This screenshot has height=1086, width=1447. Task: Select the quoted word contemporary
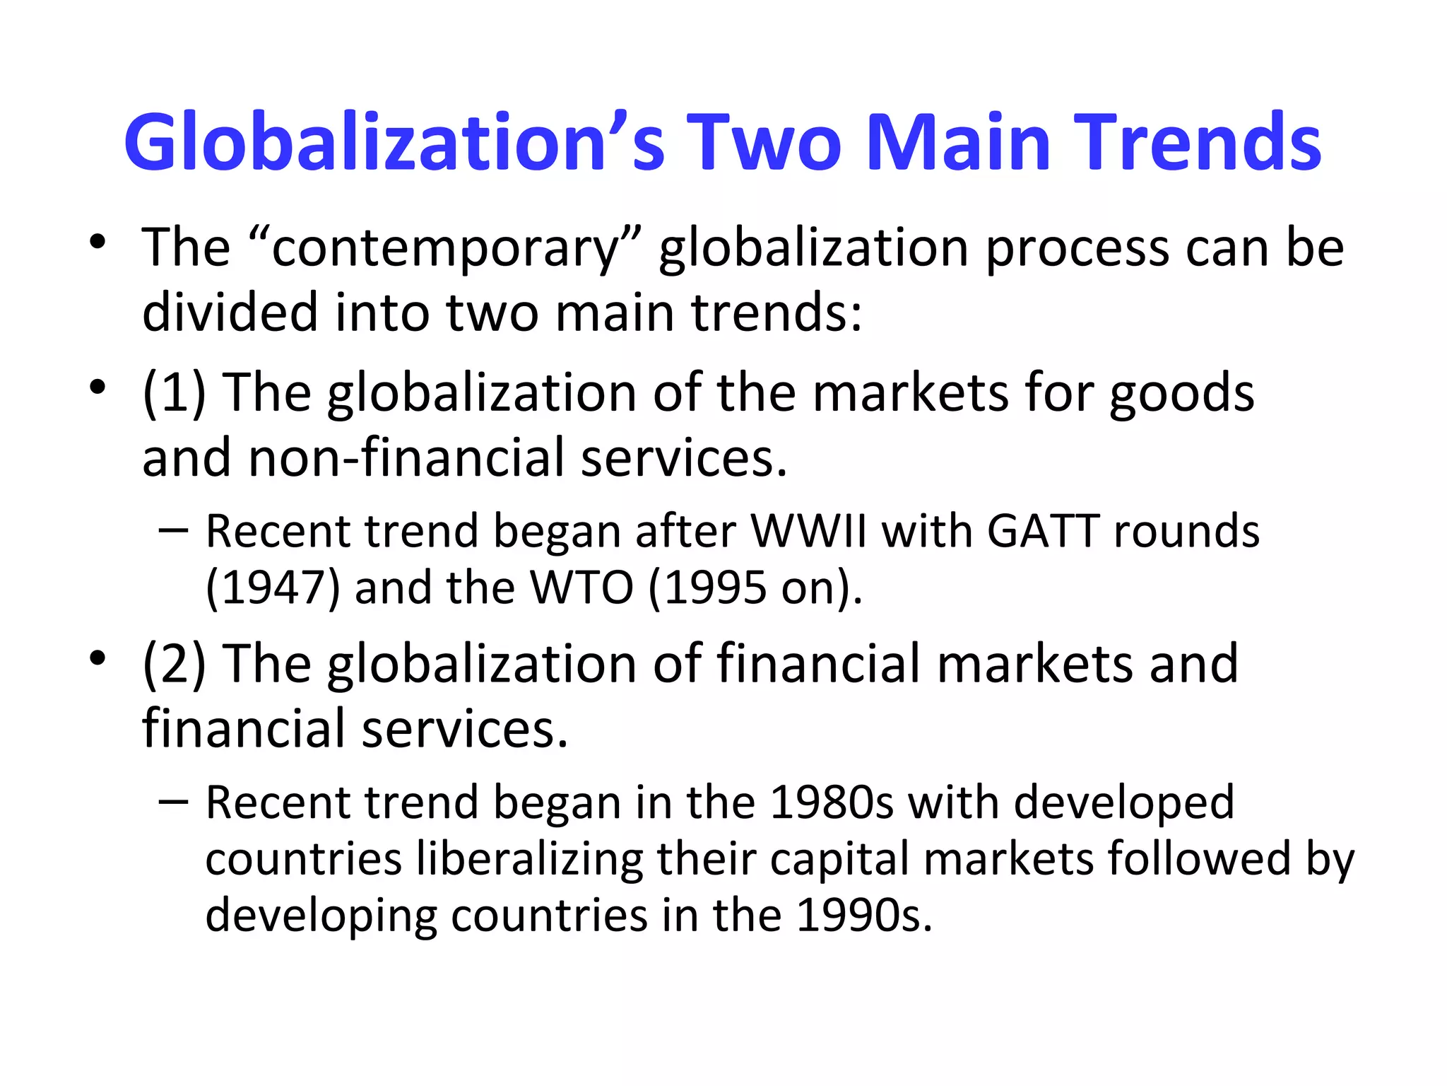coord(446,248)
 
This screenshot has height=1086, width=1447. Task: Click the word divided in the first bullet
coord(230,313)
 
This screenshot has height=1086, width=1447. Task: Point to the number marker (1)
coord(174,392)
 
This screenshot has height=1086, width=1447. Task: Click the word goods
coord(1181,394)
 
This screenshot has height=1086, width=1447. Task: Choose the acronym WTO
coord(581,588)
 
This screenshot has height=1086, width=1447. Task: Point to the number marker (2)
coord(174,664)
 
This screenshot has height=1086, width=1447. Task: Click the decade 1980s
coord(831,802)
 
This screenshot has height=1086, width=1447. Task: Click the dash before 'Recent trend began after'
coord(174,530)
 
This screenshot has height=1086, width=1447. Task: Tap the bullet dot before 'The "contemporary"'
coord(98,243)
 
